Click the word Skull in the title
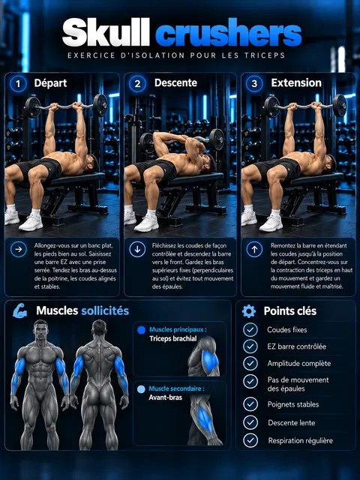point(106,32)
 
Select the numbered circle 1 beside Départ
point(18,83)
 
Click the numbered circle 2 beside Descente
point(137,83)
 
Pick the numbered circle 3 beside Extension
point(254,83)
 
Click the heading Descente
point(175,83)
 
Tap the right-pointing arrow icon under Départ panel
point(19,249)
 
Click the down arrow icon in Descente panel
point(137,249)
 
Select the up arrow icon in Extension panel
point(254,249)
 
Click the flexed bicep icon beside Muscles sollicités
point(20,310)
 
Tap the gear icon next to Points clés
point(249,311)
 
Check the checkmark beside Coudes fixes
point(250,330)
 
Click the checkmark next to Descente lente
point(250,423)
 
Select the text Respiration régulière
point(300,441)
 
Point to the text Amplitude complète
point(299,364)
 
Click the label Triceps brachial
point(173,339)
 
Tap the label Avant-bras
point(165,397)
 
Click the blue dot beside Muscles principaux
point(142,330)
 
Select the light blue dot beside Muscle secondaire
point(141,389)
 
